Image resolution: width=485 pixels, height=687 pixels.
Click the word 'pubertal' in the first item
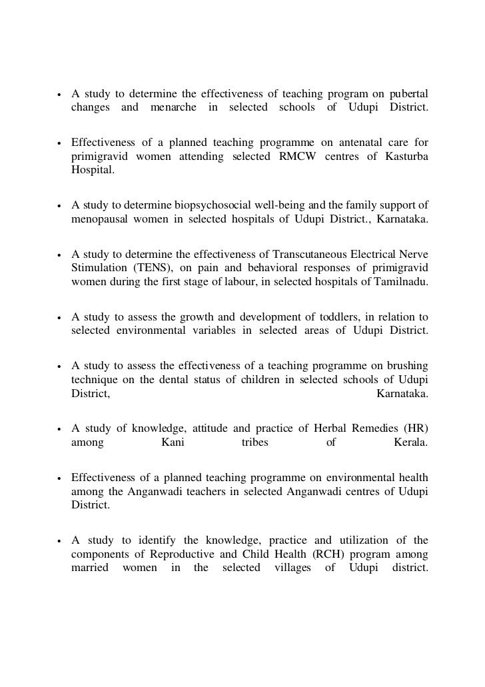click(x=408, y=92)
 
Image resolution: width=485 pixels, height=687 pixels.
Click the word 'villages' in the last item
click(x=292, y=570)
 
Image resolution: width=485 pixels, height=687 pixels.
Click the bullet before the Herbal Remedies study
click(x=59, y=429)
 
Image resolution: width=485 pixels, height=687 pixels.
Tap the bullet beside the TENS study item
click(x=59, y=255)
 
